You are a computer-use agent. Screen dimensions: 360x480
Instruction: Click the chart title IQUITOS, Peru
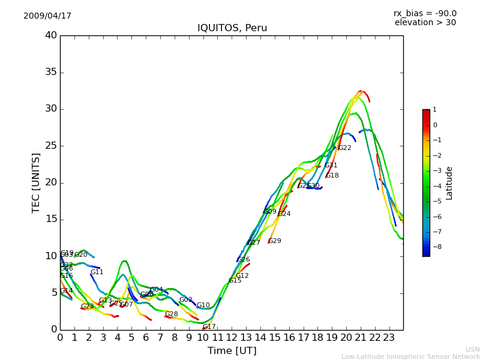(x=232, y=28)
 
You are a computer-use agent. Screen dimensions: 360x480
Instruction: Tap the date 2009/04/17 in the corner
(x=47, y=16)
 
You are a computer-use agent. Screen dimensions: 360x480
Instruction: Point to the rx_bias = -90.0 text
(x=425, y=13)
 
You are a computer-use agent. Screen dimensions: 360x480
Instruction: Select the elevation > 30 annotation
(x=425, y=23)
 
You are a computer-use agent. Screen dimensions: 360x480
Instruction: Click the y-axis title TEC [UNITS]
(x=36, y=182)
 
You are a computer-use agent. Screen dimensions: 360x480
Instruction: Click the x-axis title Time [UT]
(x=232, y=351)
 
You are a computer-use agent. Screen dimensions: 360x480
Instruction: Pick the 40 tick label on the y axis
(x=50, y=35)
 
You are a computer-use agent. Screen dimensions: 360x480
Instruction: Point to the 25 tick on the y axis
(x=50, y=146)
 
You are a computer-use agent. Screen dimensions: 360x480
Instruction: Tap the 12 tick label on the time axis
(x=232, y=338)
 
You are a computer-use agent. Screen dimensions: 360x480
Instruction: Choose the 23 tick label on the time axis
(x=389, y=338)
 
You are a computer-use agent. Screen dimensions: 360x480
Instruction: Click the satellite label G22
(x=345, y=148)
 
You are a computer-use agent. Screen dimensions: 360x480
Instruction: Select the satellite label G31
(x=331, y=166)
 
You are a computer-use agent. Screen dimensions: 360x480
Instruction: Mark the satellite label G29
(x=275, y=241)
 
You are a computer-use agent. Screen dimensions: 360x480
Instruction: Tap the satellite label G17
(x=209, y=327)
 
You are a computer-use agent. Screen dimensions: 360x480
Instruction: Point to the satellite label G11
(x=97, y=272)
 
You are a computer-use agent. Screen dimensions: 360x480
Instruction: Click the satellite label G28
(x=172, y=314)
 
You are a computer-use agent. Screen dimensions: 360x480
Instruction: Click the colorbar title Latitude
(x=449, y=183)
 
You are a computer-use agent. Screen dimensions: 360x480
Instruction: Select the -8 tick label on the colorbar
(x=434, y=246)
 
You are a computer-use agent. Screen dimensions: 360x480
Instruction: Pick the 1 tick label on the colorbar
(x=434, y=110)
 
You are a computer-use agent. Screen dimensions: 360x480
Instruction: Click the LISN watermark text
(x=472, y=349)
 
